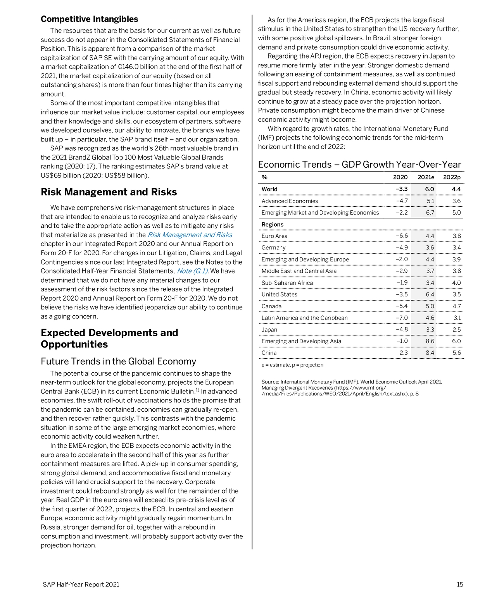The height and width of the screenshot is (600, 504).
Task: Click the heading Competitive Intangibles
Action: [x=89, y=19]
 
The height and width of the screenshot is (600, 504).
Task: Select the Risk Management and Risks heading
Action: [x=109, y=192]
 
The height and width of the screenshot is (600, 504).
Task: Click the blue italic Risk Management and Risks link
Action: [x=190, y=235]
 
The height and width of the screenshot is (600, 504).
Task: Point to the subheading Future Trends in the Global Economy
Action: [x=118, y=361]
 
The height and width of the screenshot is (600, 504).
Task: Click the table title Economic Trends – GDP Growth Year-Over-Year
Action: [x=359, y=165]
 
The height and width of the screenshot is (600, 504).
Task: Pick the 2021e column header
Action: [x=426, y=177]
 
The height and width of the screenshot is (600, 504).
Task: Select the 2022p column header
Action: [x=452, y=177]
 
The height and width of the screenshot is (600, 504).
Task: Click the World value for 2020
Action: [x=402, y=189]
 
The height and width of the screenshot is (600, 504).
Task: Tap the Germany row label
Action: [x=273, y=248]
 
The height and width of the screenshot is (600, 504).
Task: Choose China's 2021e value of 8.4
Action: [x=430, y=353]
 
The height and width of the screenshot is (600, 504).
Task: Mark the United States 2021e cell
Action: [x=430, y=294]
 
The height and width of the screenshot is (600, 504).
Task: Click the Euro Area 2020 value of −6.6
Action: [x=402, y=236]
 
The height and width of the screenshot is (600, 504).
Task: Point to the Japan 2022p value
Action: [x=456, y=330]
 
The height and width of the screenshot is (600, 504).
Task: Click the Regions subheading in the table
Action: [x=273, y=225]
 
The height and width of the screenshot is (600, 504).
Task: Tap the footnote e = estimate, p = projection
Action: [x=292, y=365]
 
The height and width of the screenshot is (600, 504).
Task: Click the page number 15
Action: [x=460, y=585]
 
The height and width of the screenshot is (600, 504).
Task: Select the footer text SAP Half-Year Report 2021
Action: [x=81, y=585]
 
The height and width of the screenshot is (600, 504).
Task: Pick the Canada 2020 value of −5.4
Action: [x=402, y=306]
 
